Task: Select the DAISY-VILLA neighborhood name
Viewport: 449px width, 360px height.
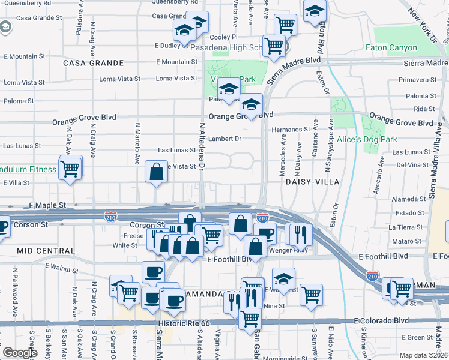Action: tap(312, 181)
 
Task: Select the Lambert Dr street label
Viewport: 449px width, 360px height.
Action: tap(224, 139)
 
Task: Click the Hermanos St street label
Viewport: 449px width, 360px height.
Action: tap(290, 129)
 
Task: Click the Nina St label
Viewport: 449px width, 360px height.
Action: tap(273, 305)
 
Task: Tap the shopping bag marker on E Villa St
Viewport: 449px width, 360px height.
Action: tap(156, 172)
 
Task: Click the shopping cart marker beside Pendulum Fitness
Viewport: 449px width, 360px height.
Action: tap(70, 167)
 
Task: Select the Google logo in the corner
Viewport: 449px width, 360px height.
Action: tap(20, 353)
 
